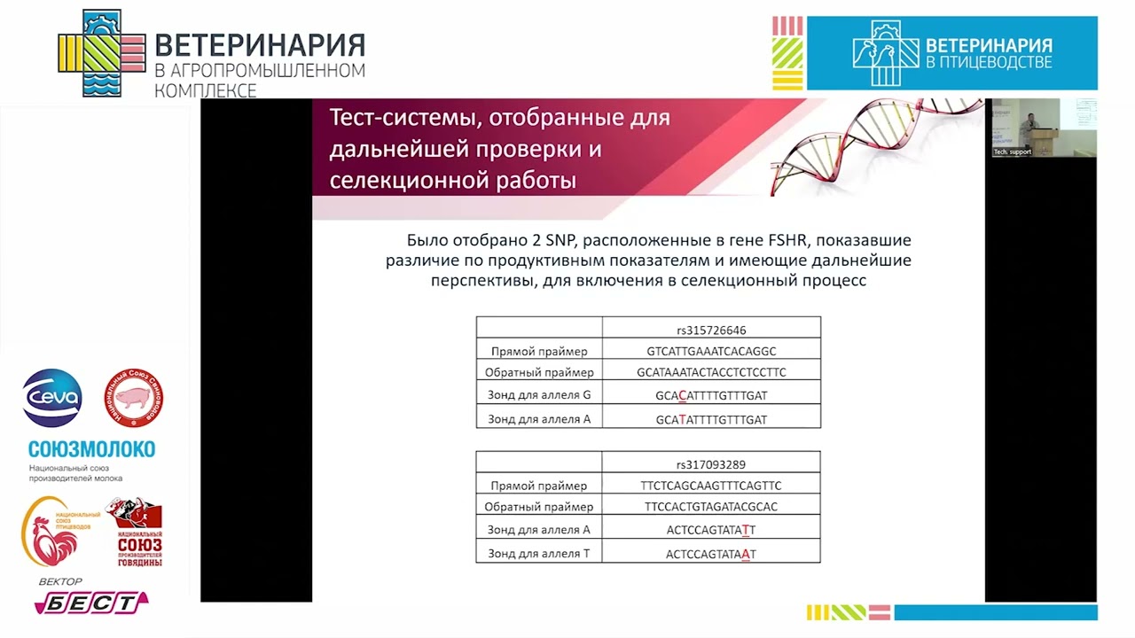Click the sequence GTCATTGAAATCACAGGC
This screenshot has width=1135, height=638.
[x=711, y=351]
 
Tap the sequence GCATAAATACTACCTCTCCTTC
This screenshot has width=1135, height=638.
[x=711, y=372]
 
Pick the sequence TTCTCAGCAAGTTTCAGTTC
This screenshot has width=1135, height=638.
[x=711, y=486]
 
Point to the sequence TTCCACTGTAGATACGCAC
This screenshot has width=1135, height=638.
[x=711, y=507]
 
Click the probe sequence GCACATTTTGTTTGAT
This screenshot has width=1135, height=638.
[x=711, y=396]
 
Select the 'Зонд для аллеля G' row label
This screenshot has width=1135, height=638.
[x=539, y=395]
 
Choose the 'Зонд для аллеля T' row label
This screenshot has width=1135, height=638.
[x=539, y=554]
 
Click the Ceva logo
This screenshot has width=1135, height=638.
[x=52, y=398]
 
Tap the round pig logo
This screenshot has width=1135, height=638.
[x=134, y=398]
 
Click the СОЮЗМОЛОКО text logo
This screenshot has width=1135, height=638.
[x=91, y=448]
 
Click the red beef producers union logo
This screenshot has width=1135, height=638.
[x=135, y=532]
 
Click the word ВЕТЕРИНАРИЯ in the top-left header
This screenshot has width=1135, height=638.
[x=259, y=45]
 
